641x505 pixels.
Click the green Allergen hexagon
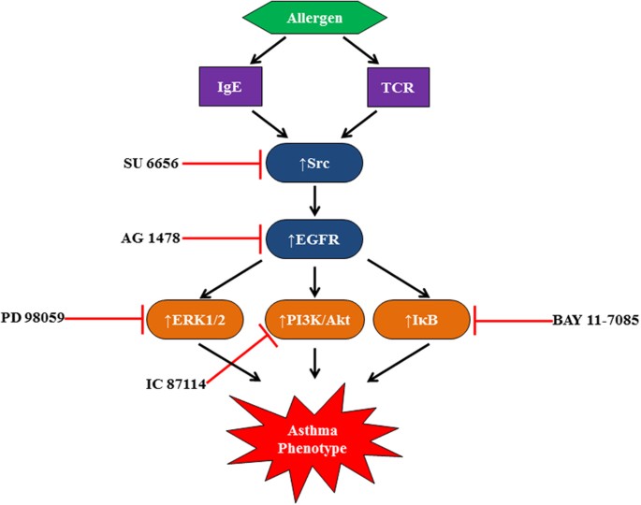click(x=319, y=19)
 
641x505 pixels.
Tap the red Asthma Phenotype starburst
click(x=318, y=440)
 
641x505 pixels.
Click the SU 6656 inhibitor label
click(x=145, y=163)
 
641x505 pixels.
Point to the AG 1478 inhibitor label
click(x=145, y=238)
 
